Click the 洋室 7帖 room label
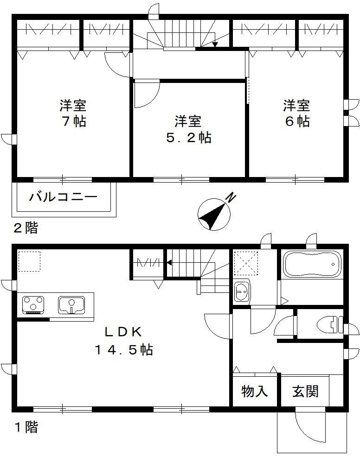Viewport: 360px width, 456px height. click(x=73, y=113)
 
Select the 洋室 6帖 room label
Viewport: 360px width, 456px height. click(x=297, y=113)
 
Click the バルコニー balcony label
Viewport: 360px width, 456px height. click(x=63, y=197)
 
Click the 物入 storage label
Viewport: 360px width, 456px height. click(x=255, y=392)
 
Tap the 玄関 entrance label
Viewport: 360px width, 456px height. click(x=305, y=392)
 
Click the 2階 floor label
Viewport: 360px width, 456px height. click(x=25, y=228)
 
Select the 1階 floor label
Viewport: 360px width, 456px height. click(x=25, y=427)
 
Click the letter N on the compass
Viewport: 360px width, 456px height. click(x=230, y=198)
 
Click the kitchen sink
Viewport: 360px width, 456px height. click(x=71, y=305)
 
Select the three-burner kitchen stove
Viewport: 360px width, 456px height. click(x=33, y=304)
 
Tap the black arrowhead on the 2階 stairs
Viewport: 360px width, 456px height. click(x=215, y=45)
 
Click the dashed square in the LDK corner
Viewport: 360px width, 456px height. click(x=29, y=261)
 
